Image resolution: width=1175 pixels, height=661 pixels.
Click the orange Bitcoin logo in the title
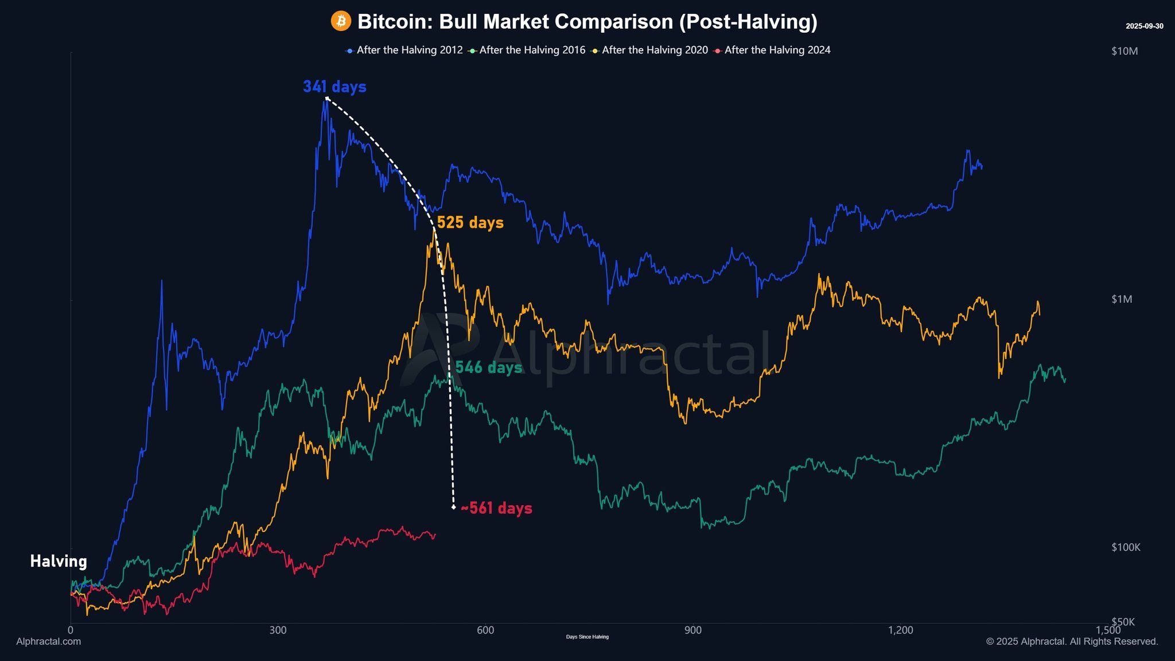point(341,22)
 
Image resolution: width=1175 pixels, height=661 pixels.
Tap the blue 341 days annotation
point(334,87)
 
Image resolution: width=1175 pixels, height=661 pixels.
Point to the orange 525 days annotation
point(470,223)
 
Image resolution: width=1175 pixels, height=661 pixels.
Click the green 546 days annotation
point(489,367)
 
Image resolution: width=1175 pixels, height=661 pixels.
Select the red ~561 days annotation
point(496,508)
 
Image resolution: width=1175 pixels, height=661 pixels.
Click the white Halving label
point(59,561)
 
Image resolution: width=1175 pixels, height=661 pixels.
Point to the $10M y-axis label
point(1124,51)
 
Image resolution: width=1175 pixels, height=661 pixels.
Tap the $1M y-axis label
point(1122,299)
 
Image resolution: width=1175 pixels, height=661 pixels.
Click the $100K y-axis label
point(1126,547)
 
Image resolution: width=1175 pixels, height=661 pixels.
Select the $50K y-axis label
point(1123,622)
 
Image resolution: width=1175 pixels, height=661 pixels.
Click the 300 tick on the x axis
point(278,630)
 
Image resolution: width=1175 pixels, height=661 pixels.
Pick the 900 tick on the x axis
point(692,630)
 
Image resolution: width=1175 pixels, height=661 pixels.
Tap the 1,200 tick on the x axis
point(900,630)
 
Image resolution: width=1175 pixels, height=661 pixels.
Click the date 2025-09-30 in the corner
point(1144,26)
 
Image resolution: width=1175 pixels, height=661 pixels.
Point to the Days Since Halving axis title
point(587,637)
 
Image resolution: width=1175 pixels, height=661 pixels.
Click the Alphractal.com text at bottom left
point(49,641)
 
